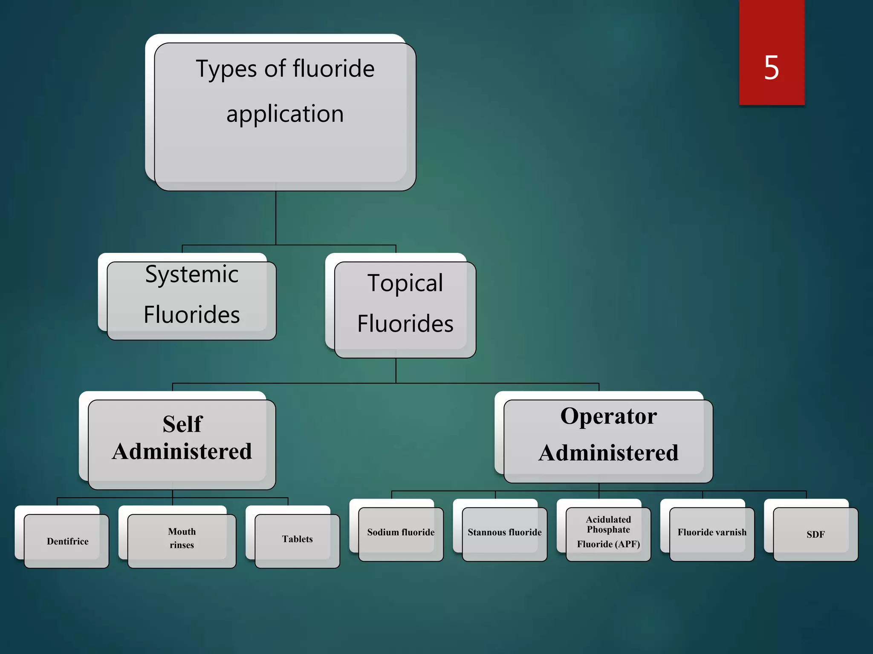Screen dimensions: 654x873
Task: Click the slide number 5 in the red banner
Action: (772, 68)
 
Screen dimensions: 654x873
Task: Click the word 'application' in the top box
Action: (285, 114)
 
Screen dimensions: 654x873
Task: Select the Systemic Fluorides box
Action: (191, 300)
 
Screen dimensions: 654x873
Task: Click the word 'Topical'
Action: (405, 283)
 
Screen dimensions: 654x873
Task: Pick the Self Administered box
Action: (182, 443)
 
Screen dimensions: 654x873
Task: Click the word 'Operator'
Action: (608, 416)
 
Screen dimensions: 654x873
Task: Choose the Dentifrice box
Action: (67, 541)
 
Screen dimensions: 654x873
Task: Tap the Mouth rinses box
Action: (182, 539)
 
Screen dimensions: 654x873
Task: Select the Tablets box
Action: (297, 539)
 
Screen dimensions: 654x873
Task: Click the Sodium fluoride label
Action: (401, 532)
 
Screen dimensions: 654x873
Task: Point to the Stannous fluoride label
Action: (504, 532)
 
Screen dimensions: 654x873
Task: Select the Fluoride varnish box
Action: (712, 532)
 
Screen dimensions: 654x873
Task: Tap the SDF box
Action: (815, 534)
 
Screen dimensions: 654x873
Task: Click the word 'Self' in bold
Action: (182, 424)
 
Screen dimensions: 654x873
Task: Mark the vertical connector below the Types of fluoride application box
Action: (276, 217)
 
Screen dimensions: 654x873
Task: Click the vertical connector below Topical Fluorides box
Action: (396, 370)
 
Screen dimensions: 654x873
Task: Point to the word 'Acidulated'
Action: (608, 519)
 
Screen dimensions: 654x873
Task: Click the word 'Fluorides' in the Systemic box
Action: (191, 315)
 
